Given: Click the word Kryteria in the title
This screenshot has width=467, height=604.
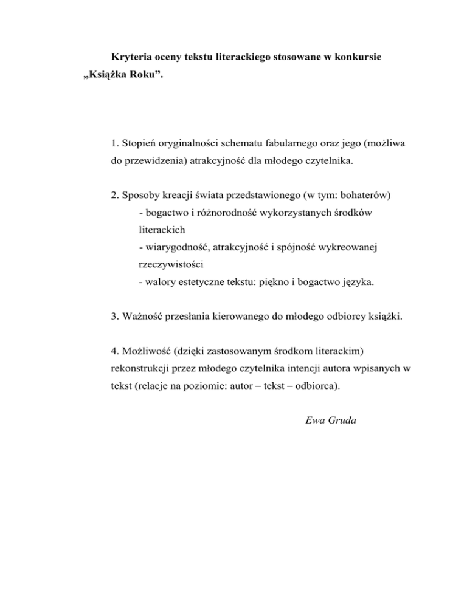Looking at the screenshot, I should click(131, 60).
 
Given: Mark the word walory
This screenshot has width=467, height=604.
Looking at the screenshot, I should click(159, 283).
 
